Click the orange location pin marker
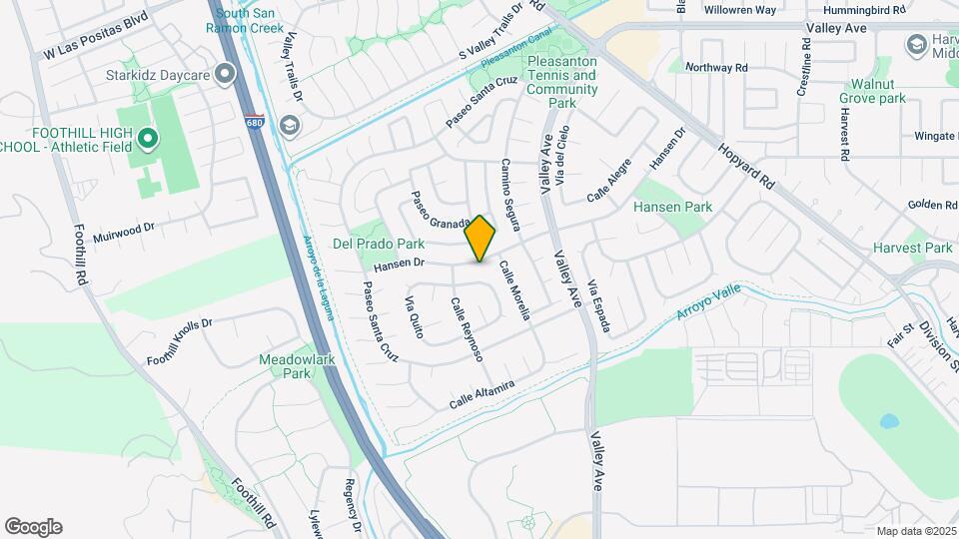point(480,239)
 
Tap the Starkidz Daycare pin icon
point(228,74)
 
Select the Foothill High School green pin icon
point(148,139)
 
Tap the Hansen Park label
point(671,207)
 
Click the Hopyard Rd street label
point(744,166)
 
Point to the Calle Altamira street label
point(480,393)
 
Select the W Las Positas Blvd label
point(96,39)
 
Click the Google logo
point(33,527)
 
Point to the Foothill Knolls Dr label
point(180,344)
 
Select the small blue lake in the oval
point(888,420)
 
